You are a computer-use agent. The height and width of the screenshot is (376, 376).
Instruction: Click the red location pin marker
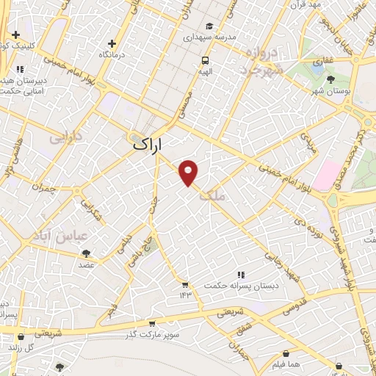click(189, 172)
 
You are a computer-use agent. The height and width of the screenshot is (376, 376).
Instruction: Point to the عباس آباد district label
click(60, 235)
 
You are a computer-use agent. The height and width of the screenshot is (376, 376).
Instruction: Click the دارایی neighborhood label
click(66, 137)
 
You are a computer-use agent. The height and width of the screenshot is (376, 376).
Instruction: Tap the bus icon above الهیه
click(205, 60)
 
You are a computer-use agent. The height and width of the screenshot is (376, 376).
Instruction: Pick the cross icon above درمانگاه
click(112, 43)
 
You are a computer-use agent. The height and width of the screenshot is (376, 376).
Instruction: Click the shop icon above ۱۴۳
click(185, 284)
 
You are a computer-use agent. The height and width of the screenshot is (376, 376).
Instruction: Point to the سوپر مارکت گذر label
click(152, 335)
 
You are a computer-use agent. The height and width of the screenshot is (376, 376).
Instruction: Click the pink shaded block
click(324, 174)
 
